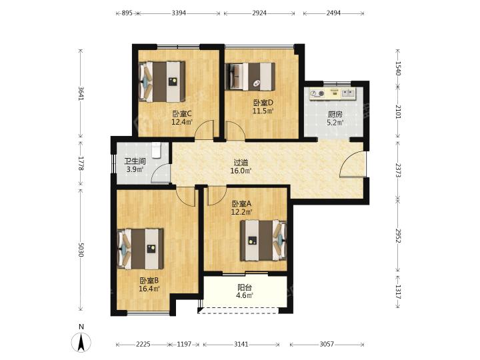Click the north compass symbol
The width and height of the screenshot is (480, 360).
81,339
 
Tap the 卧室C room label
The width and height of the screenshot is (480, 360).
182,114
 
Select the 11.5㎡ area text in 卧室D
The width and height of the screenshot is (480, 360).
263,111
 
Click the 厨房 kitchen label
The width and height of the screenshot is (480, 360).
335,115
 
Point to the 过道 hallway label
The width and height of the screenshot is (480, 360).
241,163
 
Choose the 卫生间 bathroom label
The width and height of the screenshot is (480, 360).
135,161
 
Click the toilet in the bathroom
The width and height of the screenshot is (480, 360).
156,150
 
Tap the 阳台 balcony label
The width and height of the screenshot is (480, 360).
245,287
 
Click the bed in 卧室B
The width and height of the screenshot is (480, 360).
141,249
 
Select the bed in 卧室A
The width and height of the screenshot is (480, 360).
263,241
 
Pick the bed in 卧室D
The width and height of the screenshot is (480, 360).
250,77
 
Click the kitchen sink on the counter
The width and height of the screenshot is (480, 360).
349,93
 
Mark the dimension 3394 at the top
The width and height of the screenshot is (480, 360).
179,13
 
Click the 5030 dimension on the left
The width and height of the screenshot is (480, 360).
81,249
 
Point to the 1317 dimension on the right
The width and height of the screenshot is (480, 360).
397,292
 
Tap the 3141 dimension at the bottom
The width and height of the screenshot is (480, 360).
241,345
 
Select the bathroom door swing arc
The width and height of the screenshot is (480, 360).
161,173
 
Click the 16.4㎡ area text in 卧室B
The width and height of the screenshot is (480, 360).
149,289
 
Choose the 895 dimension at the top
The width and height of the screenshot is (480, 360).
127,13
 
